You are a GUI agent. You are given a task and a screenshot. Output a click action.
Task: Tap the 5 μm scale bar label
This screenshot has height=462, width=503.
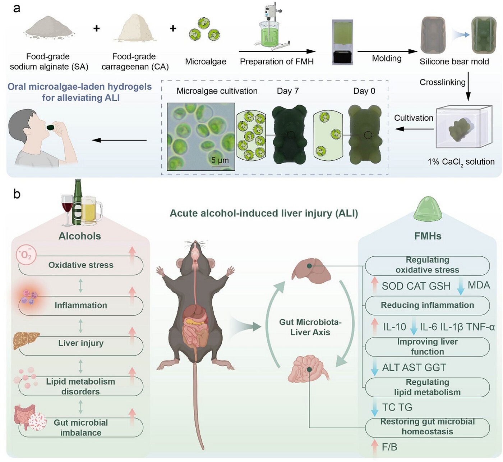[220, 160]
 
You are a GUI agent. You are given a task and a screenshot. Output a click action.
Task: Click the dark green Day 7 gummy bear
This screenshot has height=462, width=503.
[289, 135]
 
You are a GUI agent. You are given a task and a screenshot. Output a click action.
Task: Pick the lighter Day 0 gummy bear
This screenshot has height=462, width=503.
[365, 135]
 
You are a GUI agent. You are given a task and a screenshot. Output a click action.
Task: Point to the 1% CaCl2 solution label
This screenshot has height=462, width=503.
[461, 162]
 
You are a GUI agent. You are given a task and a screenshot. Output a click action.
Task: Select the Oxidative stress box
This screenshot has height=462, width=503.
[81, 265]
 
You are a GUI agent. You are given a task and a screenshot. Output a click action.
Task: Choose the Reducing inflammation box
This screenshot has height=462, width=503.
[427, 305]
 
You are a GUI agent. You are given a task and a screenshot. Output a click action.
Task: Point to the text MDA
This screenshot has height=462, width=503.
[479, 285]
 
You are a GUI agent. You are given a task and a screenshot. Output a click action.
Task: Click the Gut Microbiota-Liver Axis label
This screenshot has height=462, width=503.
[310, 327]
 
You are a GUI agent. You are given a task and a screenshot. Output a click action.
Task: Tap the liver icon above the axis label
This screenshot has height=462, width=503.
[311, 270]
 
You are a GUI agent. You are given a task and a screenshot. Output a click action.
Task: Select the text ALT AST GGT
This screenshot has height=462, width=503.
[414, 367]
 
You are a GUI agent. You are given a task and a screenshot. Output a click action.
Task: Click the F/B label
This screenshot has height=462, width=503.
[389, 447]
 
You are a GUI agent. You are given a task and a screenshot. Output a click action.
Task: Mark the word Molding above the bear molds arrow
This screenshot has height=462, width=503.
[386, 59]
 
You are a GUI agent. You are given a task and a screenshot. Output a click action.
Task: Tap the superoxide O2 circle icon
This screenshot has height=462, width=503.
[26, 255]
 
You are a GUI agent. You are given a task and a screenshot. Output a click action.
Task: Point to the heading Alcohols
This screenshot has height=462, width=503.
[80, 236]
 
